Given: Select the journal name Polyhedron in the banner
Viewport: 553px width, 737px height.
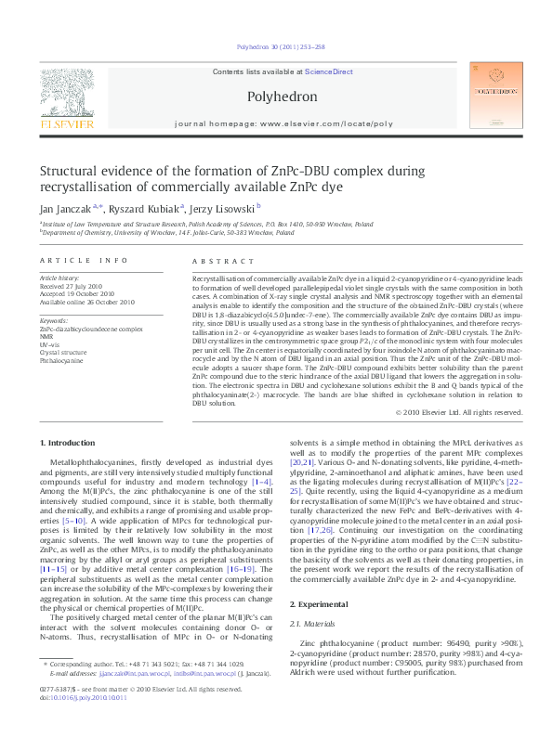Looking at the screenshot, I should pyautogui.click(x=283, y=97).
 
